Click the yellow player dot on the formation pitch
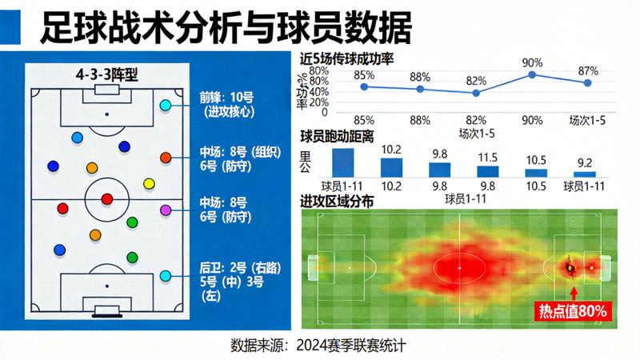tap(150, 184)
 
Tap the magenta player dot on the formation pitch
tap(166, 210)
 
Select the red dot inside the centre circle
tap(107, 199)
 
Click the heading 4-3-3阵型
tap(107, 74)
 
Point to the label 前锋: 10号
tap(226, 97)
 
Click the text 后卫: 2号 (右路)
tap(240, 268)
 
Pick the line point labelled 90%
tap(532, 74)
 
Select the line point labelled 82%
tap(476, 93)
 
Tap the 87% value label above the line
tap(588, 71)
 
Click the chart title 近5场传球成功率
tap(347, 59)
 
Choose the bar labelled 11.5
tap(488, 171)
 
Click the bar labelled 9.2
tap(585, 174)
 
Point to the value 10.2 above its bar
tap(391, 150)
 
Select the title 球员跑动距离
tap(337, 136)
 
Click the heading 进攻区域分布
tap(337, 202)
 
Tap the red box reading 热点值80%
tap(573, 311)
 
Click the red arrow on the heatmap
tap(574, 294)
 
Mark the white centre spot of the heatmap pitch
tap(459, 268)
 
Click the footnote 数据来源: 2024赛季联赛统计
tap(318, 346)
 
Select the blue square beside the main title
tap(10, 27)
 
